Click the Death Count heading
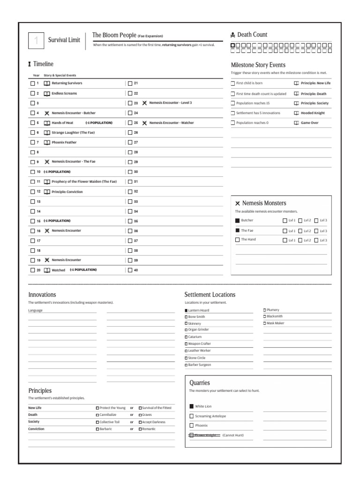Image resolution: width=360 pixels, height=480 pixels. [x=252, y=35]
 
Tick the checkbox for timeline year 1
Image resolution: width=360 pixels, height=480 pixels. [x=32, y=83]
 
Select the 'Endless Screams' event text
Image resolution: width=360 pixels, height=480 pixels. [x=64, y=93]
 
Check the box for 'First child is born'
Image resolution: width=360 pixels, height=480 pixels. [x=233, y=83]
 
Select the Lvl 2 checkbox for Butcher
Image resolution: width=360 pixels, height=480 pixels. [x=300, y=220]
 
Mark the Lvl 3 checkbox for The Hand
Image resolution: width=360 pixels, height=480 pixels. [x=316, y=240]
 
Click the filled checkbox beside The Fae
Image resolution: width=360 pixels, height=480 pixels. [x=237, y=230]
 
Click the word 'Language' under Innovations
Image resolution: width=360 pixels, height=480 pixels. [x=35, y=310]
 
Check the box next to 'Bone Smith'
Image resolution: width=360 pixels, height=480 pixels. [x=186, y=317]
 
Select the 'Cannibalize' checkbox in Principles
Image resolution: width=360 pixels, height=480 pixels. [x=97, y=415]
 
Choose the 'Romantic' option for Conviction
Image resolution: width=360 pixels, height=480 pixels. [x=140, y=429]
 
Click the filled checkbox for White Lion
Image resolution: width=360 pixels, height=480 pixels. [x=191, y=406]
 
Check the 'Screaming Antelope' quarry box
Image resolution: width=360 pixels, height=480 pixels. [x=191, y=416]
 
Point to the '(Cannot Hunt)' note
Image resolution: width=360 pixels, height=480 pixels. [x=233, y=435]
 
